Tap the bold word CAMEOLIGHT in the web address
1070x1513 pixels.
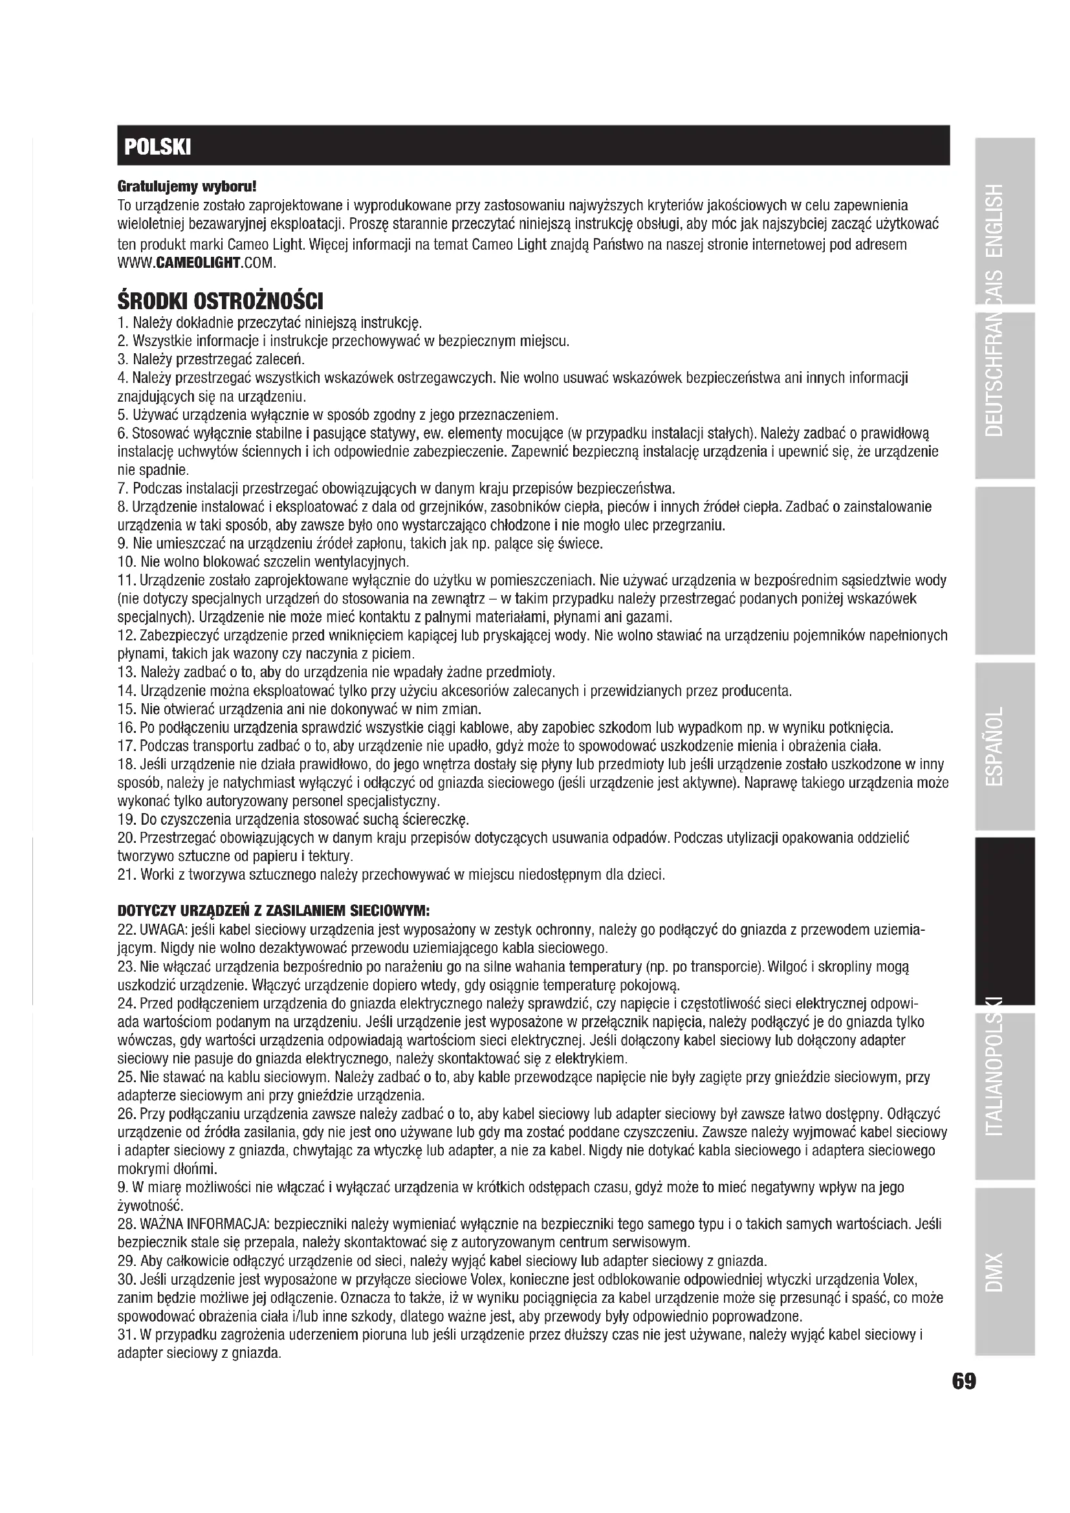197,263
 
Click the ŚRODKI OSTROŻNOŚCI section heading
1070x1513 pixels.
220,303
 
